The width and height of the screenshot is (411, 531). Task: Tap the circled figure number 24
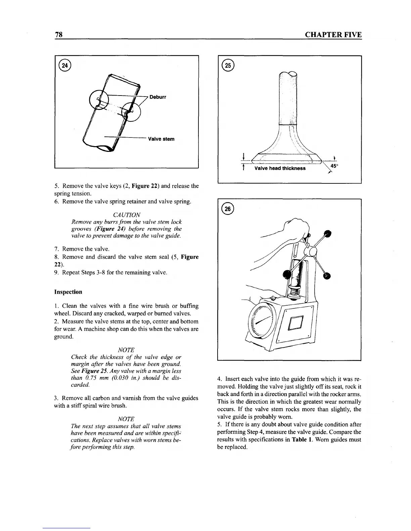tap(65, 66)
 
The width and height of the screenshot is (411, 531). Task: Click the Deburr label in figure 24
tap(157, 97)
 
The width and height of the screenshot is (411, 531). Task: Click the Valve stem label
tap(161, 139)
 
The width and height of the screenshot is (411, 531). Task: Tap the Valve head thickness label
tap(280, 168)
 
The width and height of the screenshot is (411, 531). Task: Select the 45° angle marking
tap(334, 166)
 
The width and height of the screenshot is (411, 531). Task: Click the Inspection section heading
tap(68, 292)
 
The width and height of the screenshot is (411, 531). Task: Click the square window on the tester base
tap(296, 323)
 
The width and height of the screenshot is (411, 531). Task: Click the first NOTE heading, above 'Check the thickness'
tap(126, 350)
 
